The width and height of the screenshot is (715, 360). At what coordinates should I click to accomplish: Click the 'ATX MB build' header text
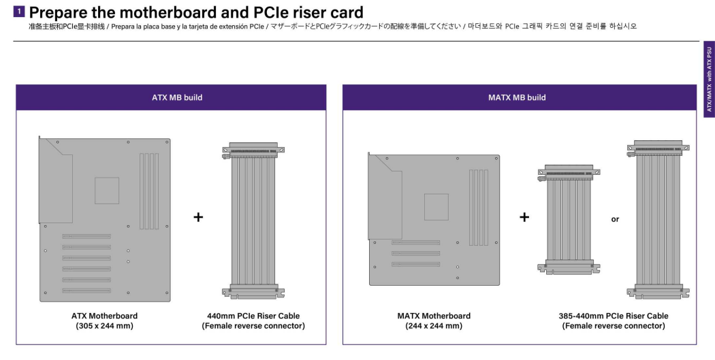coord(176,97)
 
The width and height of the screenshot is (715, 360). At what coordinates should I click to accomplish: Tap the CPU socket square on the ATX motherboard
coord(106,191)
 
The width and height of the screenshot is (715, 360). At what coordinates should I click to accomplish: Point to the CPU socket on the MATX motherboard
coord(436,206)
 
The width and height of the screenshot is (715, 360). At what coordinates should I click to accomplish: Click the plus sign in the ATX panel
coord(198,217)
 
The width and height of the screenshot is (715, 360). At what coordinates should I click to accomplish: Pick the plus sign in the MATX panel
coord(524,217)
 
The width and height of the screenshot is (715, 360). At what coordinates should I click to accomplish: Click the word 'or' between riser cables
coord(615,219)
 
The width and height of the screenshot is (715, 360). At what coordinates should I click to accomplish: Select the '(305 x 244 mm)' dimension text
coord(105,326)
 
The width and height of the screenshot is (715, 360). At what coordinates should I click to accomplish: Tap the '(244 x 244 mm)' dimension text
coord(434,326)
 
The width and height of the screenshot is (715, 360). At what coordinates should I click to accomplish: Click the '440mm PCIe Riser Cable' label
coord(253,316)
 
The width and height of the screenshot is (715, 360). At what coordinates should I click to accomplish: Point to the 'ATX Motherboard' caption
coord(105,316)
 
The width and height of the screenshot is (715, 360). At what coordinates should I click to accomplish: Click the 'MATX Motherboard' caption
coord(434,316)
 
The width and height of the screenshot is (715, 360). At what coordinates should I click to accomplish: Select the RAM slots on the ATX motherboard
coord(149,191)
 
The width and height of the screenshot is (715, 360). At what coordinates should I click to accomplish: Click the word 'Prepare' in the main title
coord(66,12)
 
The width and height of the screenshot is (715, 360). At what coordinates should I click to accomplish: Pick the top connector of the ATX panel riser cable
coord(253,148)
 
